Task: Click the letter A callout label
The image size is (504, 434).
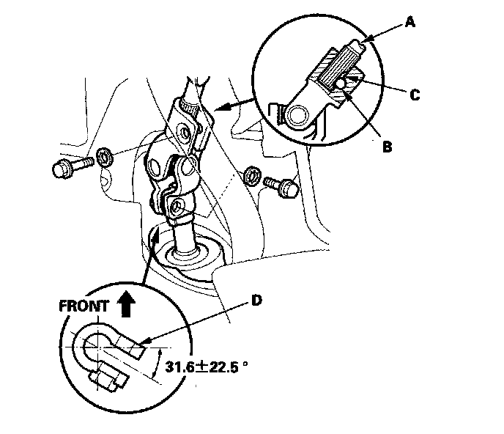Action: click(x=409, y=23)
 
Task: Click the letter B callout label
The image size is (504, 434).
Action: click(x=386, y=146)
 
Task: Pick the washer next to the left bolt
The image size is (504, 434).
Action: click(x=104, y=155)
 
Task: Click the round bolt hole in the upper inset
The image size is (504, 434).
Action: click(x=300, y=115)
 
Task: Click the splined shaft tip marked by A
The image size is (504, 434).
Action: click(x=355, y=48)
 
